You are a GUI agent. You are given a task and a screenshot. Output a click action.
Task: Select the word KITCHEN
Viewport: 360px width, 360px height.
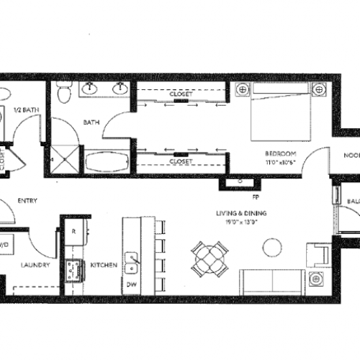pos(104,266)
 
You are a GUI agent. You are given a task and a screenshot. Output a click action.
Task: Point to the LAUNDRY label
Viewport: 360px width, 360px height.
pos(35,266)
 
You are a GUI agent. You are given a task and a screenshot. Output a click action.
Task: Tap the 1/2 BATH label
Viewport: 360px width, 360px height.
pos(26,109)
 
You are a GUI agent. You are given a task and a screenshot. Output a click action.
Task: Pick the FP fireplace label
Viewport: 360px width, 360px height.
pos(255,195)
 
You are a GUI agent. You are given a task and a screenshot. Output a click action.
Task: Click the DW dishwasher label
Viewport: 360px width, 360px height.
pos(132,284)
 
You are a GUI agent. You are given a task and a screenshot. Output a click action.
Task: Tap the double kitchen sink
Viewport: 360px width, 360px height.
pos(131,262)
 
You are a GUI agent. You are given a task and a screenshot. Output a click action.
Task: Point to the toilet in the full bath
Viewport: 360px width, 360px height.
pos(63,91)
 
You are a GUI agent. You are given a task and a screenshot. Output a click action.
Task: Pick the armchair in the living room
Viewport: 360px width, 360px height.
pos(317,255)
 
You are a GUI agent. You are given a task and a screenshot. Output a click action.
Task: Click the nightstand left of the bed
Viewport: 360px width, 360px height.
pos(241,90)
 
